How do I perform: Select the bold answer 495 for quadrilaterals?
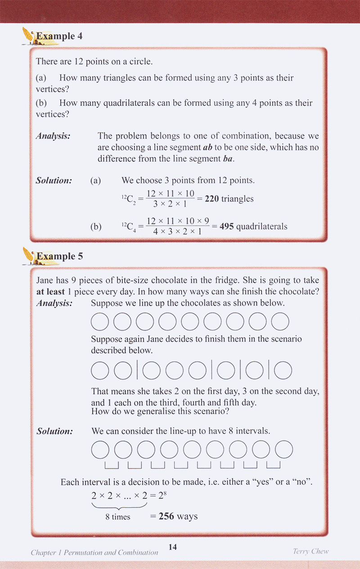[226, 226]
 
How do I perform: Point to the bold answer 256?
[166, 516]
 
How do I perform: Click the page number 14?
[173, 547]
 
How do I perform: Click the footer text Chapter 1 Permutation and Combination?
[94, 552]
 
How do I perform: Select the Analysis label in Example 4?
[53, 135]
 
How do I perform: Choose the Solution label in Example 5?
[54, 431]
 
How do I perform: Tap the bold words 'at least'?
[50, 291]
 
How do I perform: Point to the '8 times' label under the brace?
[118, 517]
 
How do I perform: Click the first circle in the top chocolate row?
[100, 321]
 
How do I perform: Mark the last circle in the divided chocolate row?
[283, 370]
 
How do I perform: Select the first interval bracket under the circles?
[112, 465]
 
